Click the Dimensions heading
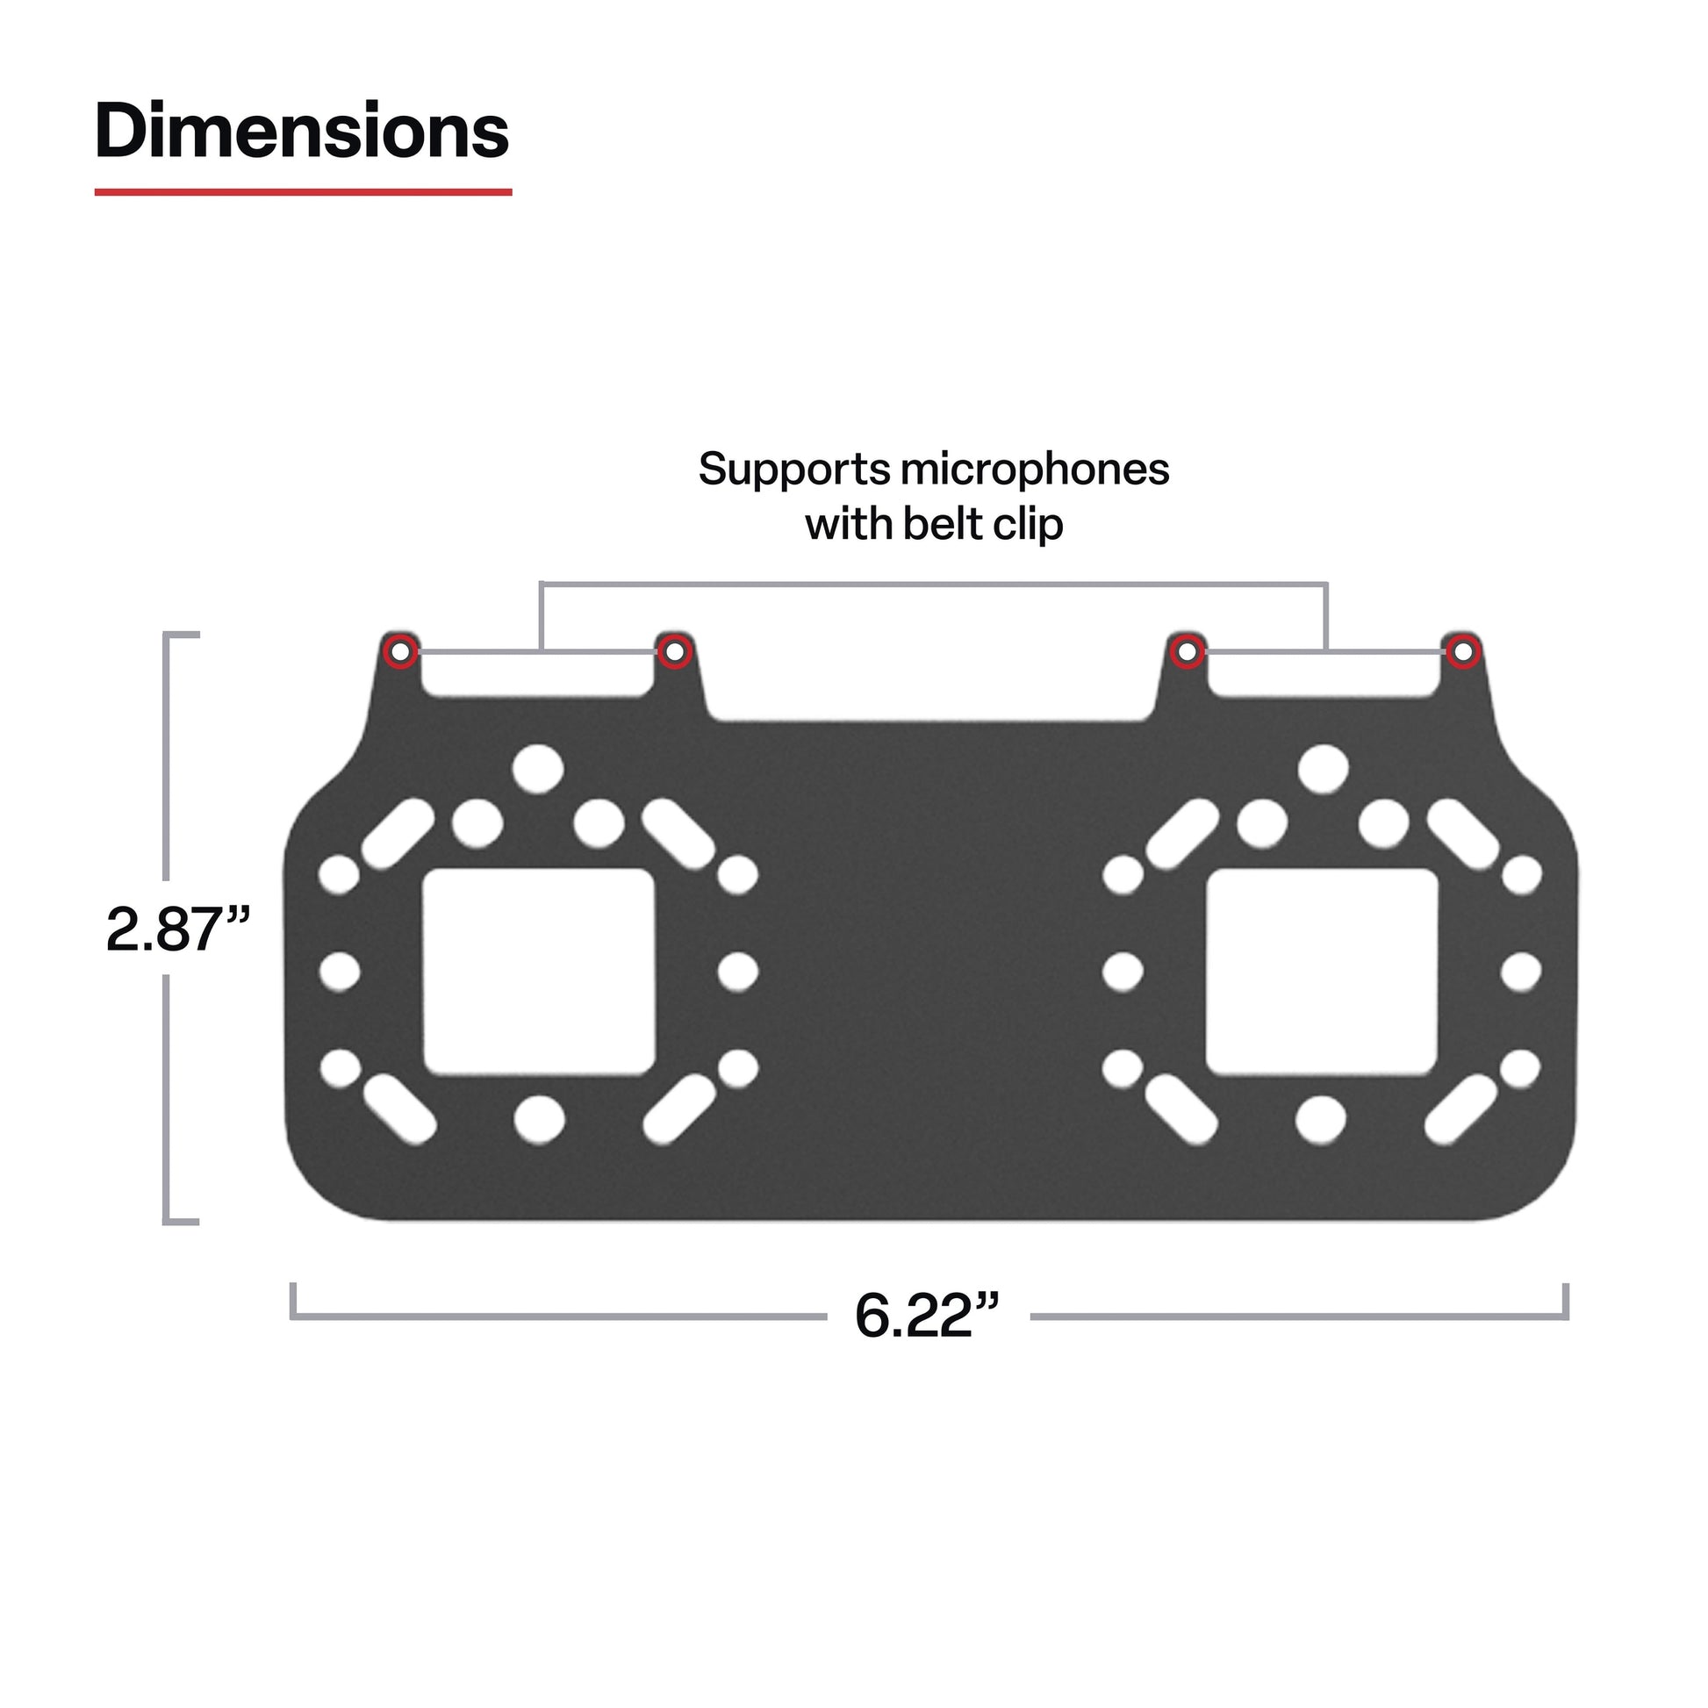tap(301, 132)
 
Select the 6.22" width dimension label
tap(926, 1316)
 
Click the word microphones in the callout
tap(1034, 470)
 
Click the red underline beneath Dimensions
tap(303, 191)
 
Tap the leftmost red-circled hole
tap(399, 652)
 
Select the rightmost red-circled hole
tap(1463, 652)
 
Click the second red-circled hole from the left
tap(674, 652)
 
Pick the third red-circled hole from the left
tap(1188, 652)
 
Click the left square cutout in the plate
tap(538, 972)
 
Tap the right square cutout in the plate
tap(1322, 972)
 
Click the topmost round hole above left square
tap(538, 768)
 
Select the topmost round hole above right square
tap(1323, 768)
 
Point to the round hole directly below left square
tap(538, 1120)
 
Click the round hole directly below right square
tap(1320, 1120)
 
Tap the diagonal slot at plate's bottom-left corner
tap(399, 1108)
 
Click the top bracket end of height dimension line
tap(181, 635)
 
